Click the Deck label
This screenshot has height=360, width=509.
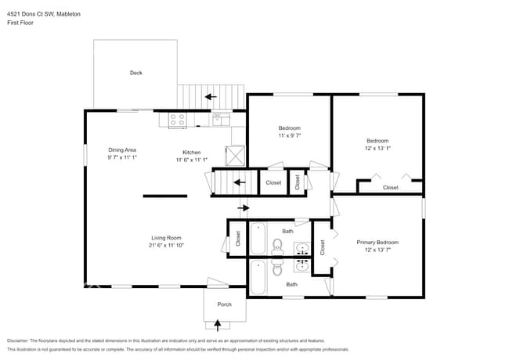pyautogui.click(x=135, y=73)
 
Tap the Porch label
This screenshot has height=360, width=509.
pyautogui.click(x=224, y=304)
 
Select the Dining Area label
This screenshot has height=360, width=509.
pyautogui.click(x=122, y=149)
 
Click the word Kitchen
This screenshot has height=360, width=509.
pyautogui.click(x=192, y=152)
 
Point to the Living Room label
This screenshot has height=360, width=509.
pyautogui.click(x=166, y=237)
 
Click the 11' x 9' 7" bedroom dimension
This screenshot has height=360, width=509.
pyautogui.click(x=289, y=135)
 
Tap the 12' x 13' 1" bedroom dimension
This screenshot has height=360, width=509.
pyautogui.click(x=377, y=148)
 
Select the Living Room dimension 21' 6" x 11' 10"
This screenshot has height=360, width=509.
pyautogui.click(x=166, y=245)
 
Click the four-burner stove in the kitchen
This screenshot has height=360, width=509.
pyautogui.click(x=178, y=120)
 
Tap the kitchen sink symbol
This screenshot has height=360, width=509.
pyautogui.click(x=221, y=119)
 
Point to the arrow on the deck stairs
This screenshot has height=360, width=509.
pyautogui.click(x=210, y=97)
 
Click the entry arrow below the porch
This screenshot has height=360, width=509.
pyautogui.click(x=218, y=322)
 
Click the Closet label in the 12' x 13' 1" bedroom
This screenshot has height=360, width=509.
pyautogui.click(x=390, y=188)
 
